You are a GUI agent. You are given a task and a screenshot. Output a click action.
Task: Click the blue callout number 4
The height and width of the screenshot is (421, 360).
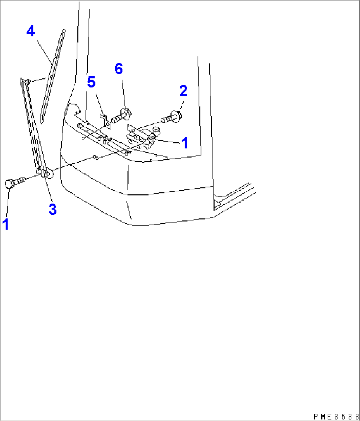click(31, 32)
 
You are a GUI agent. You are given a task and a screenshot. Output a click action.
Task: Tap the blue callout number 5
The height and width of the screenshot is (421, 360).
click(91, 82)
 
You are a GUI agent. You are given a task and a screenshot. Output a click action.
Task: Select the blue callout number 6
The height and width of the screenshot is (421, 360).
click(119, 69)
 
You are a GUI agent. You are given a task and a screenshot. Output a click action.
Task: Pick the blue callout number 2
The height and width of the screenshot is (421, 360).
click(183, 91)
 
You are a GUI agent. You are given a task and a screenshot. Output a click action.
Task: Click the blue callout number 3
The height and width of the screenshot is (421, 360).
click(53, 209)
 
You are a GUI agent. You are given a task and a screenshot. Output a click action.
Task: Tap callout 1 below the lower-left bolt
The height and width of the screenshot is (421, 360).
click(6, 224)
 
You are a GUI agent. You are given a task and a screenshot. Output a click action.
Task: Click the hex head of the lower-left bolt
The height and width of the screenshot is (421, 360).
click(9, 183)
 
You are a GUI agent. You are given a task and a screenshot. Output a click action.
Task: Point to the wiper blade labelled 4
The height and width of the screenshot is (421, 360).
click(53, 76)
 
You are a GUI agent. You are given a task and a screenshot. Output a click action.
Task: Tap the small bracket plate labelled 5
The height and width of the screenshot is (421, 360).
click(105, 120)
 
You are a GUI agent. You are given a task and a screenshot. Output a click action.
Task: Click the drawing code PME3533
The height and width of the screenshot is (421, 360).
click(335, 417)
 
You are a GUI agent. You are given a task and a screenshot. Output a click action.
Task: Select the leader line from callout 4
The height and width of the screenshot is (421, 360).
click(44, 51)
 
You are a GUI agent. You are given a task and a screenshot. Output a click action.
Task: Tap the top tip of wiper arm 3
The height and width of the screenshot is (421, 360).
click(22, 80)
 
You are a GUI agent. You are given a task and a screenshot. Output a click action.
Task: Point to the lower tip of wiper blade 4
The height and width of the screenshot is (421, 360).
click(42, 121)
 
